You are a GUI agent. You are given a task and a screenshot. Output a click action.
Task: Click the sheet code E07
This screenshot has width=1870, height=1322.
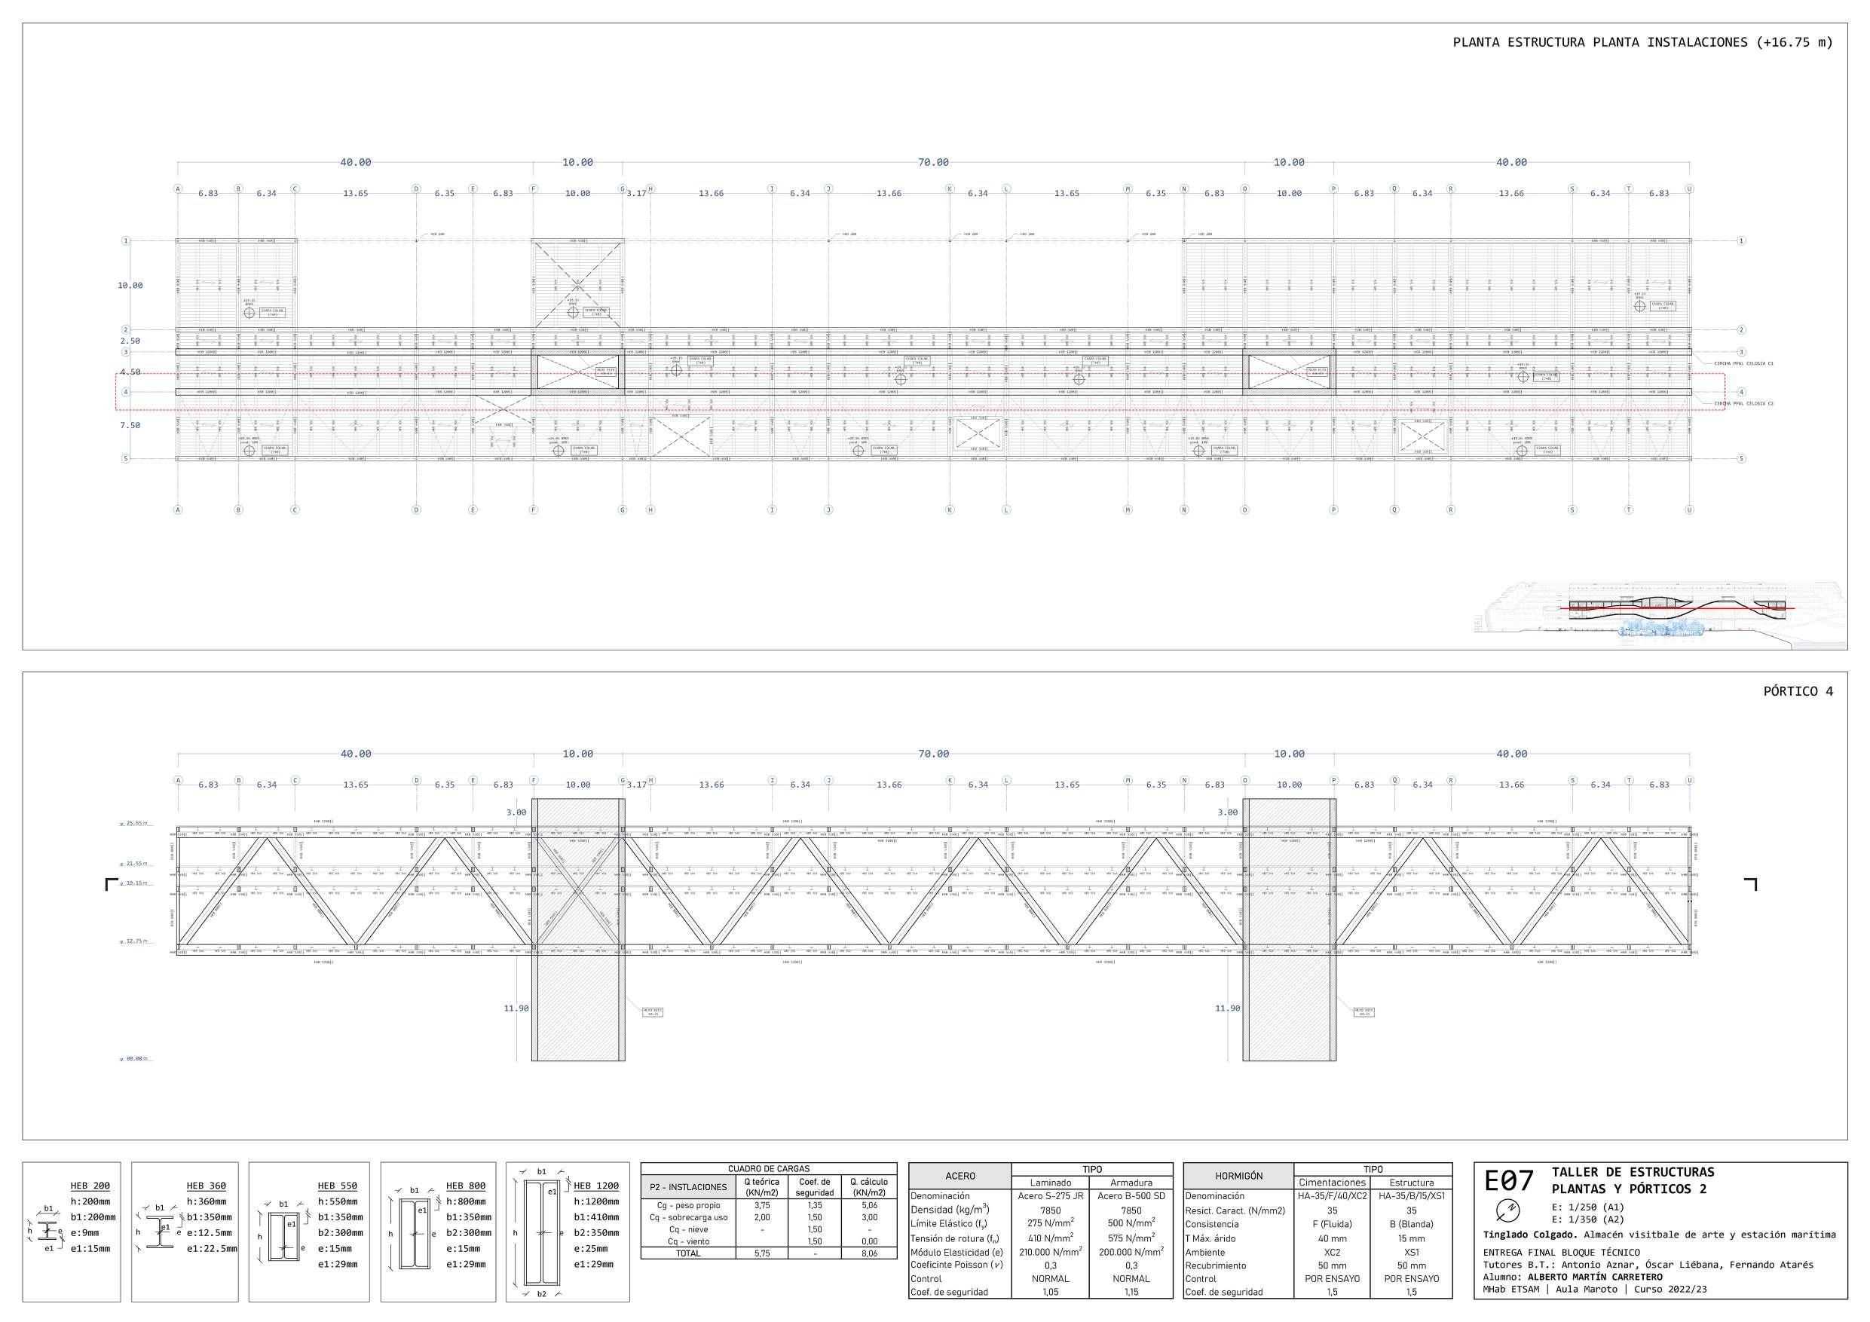(x=1508, y=1180)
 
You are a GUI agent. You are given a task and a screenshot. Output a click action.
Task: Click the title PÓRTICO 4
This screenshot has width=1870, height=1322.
(x=1798, y=692)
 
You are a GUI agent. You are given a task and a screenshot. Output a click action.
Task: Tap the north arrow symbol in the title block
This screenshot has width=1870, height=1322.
(x=1508, y=1209)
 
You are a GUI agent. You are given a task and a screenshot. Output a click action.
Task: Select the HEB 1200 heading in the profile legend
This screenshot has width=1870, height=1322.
(x=595, y=1186)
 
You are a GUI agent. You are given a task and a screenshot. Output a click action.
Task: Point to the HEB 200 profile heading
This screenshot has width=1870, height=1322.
(x=90, y=1186)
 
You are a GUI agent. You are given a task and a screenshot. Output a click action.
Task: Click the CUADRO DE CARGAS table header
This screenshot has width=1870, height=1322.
(x=768, y=1169)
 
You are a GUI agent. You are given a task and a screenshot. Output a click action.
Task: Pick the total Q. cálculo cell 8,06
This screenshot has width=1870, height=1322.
(x=869, y=1253)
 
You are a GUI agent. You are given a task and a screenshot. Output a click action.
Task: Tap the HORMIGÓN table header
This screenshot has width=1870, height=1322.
(x=1238, y=1177)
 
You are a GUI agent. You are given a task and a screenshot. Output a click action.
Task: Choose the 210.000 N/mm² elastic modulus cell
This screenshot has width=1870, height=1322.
(x=1050, y=1252)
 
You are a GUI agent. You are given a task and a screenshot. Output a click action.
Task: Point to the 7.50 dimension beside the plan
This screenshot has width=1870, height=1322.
(x=130, y=425)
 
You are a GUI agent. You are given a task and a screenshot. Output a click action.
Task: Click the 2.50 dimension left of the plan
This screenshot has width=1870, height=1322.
(x=130, y=341)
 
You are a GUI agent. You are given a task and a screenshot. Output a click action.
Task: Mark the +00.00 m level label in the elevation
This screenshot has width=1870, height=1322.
(x=135, y=1059)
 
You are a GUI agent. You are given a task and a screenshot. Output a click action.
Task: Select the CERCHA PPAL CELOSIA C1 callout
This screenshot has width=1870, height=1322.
(x=1743, y=363)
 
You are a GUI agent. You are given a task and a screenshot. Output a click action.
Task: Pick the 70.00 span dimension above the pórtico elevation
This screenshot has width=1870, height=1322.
(x=933, y=754)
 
